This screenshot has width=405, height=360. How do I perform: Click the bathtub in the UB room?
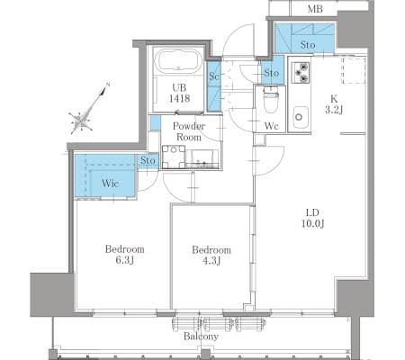(x=180, y=62)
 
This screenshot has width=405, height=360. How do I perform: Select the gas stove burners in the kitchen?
(x=301, y=72)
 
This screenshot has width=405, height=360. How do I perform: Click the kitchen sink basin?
(x=300, y=117)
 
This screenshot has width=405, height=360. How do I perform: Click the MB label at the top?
(x=315, y=9)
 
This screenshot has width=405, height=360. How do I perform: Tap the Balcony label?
(x=201, y=337)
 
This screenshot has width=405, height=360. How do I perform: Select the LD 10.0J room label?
(x=312, y=218)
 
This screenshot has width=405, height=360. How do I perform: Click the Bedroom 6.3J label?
(x=124, y=255)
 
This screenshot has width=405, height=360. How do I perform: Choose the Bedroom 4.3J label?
(x=211, y=256)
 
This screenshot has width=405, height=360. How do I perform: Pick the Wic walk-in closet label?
(x=110, y=183)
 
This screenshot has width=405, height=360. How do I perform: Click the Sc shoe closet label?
(x=214, y=76)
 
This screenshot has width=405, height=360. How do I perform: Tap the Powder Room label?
(x=189, y=131)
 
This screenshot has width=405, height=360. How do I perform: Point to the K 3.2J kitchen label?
(x=334, y=104)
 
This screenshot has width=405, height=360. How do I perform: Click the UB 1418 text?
(x=179, y=93)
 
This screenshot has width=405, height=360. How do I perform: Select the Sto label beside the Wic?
(x=148, y=160)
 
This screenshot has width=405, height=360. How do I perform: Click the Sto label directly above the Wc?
(x=272, y=73)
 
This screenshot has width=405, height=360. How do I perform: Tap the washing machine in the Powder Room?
(x=174, y=157)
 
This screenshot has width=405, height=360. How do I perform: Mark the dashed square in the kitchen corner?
(x=354, y=71)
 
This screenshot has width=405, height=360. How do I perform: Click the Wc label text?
(x=272, y=126)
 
